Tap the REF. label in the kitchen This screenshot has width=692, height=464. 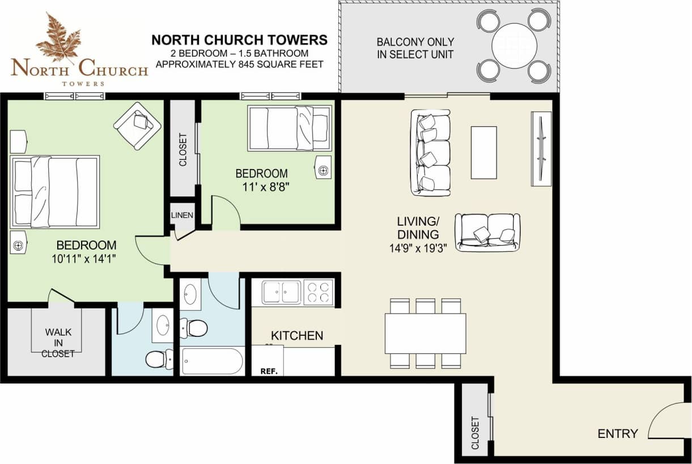[x=268, y=372]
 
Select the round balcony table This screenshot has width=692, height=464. [x=514, y=45]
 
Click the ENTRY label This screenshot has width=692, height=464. [x=618, y=434]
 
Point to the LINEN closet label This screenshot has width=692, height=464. [x=182, y=216]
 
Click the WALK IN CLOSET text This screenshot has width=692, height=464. [x=58, y=343]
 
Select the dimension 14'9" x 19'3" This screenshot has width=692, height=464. [x=418, y=247]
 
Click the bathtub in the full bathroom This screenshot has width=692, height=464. [x=213, y=361]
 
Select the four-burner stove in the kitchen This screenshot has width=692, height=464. [x=318, y=292]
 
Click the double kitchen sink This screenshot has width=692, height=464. [x=282, y=292]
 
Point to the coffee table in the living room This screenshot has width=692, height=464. [x=483, y=152]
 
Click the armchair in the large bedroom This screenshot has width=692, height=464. [x=137, y=125]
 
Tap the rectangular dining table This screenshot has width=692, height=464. [x=425, y=334]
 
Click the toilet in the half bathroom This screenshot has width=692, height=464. [x=156, y=358]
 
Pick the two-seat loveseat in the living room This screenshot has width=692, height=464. [x=487, y=232]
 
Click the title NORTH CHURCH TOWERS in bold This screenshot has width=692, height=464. [x=239, y=40]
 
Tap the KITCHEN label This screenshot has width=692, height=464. [x=297, y=336]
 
